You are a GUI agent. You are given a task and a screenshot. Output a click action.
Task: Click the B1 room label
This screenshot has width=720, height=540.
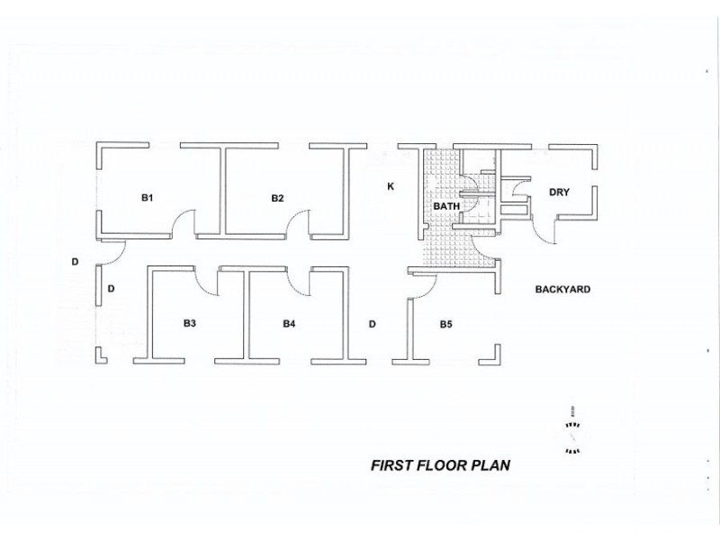pos(148,197)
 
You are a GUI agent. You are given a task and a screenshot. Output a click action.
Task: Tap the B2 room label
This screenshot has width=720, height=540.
pos(277,197)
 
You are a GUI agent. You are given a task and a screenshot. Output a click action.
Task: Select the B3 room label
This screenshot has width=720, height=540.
pos(190,323)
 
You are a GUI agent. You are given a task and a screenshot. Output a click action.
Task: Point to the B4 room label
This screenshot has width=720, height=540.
pos(289,323)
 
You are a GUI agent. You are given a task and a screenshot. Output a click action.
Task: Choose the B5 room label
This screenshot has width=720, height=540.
pos(445,323)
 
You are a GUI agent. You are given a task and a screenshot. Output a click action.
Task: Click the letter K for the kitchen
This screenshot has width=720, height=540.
pos(390,187)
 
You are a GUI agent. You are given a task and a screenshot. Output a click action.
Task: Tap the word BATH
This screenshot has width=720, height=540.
pos(446,206)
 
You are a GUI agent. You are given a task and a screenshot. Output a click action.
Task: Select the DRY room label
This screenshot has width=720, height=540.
pos(559,192)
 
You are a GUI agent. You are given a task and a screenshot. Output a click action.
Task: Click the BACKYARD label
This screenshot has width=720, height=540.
pos(562,290)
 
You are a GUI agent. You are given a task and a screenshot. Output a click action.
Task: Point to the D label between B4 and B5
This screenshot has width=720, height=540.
pos(372,323)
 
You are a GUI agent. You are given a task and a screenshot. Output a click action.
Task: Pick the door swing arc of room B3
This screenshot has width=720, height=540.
pos(208,285)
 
